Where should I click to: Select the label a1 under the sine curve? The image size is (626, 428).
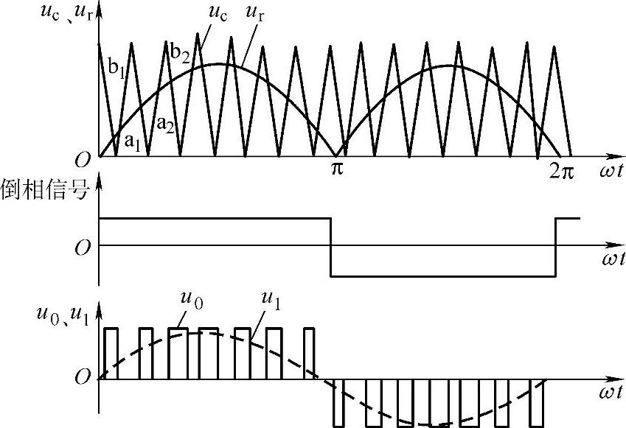(x=132, y=141)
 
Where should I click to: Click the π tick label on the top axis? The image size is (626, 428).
(x=336, y=169)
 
